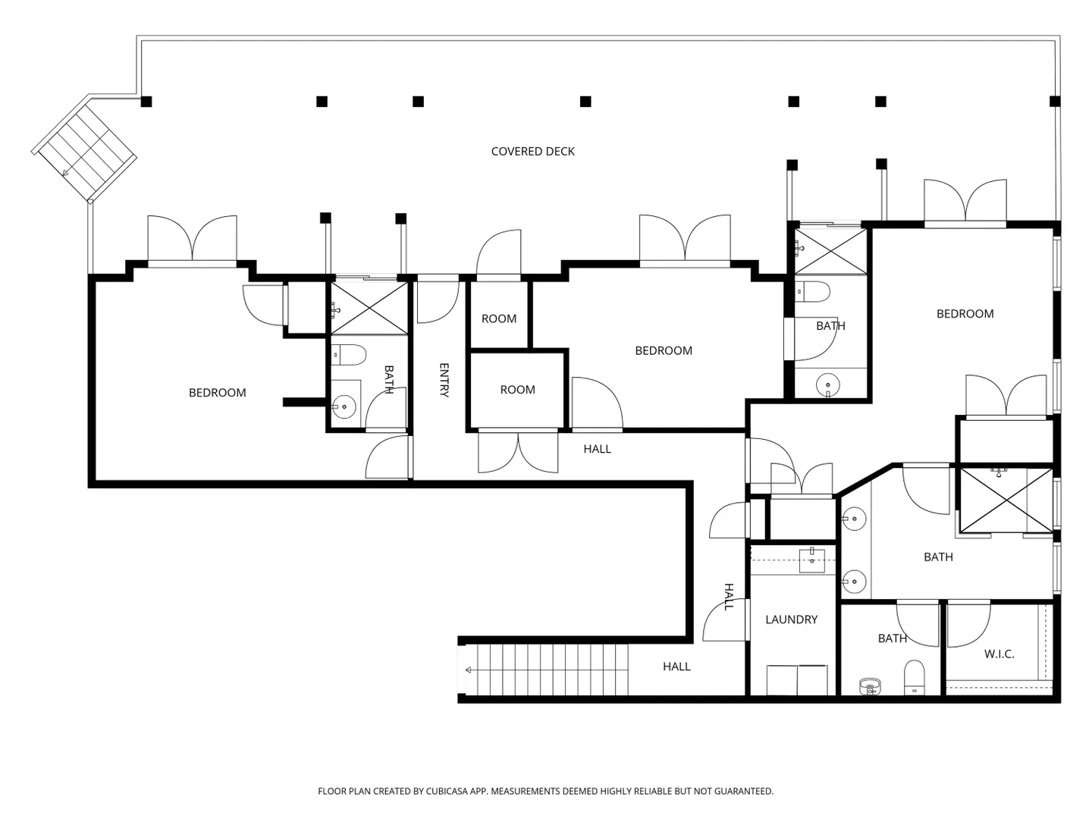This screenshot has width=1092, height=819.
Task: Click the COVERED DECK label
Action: coord(532,151)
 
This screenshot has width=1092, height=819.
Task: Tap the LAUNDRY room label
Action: coord(791,619)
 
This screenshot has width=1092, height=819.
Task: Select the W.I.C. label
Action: coord(999,654)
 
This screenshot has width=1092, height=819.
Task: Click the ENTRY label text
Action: coord(444,380)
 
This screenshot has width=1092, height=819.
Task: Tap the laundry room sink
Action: coord(812,560)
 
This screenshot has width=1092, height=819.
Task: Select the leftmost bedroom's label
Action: coord(218,392)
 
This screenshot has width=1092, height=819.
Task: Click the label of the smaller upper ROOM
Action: coord(498,318)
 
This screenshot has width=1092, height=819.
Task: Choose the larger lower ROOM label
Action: coord(517,389)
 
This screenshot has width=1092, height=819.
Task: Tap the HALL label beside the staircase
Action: coord(676,667)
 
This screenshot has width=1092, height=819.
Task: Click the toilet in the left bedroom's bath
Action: coord(349,355)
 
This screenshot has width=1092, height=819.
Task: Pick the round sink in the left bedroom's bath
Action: coord(344,406)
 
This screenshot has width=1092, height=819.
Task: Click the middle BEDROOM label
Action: coord(664,350)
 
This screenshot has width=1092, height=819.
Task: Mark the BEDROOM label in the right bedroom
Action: coord(965,314)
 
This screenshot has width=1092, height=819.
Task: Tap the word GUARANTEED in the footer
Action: coord(745,791)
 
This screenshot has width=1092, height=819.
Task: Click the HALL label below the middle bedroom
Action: coord(597,449)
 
